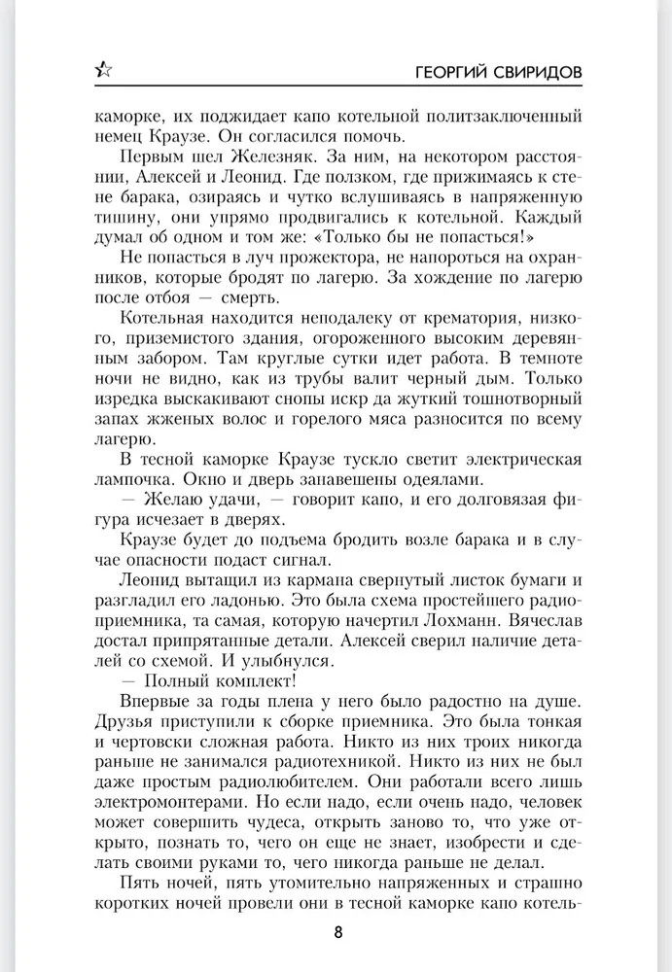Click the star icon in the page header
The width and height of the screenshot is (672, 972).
pyautogui.click(x=104, y=70)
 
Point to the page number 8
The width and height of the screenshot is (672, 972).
pyautogui.click(x=337, y=932)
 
